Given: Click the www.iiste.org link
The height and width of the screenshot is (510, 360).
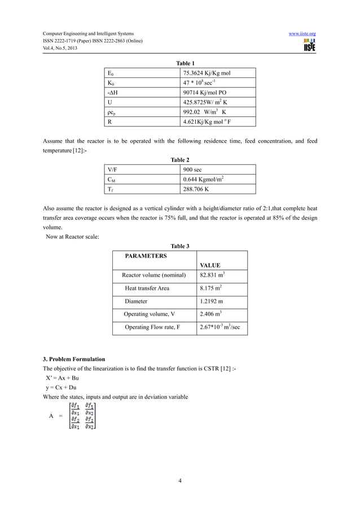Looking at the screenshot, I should tap(302, 34).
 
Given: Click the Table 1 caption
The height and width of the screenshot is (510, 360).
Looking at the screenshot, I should tap(180, 63).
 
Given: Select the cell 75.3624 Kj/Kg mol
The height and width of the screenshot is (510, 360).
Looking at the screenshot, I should tap(211, 73).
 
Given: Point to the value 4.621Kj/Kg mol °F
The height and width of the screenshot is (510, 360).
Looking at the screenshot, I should tap(212, 121).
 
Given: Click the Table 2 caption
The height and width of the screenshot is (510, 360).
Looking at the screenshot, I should tap(180, 160).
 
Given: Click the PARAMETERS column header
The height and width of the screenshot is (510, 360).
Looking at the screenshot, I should tap(146, 256).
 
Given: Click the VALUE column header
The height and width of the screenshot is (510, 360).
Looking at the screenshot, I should tap(210, 265).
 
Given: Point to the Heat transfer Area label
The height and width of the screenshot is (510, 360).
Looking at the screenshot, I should tap(147, 288).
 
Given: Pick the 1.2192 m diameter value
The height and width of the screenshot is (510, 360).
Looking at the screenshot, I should tap(211, 301).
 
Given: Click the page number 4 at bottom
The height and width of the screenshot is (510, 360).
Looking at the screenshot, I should tap(179, 481).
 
